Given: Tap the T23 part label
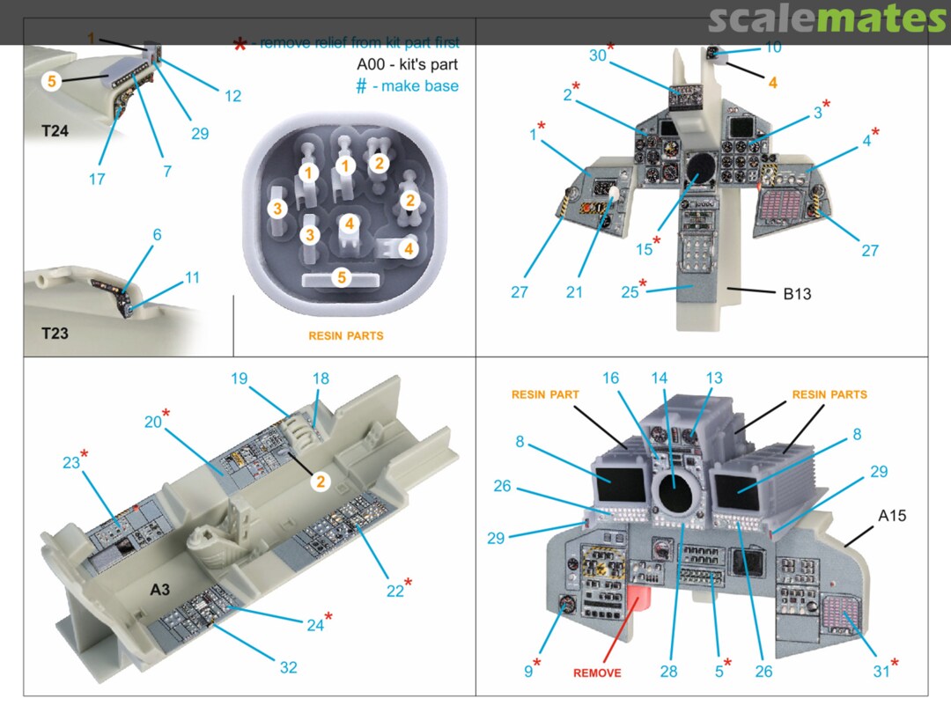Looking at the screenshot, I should (x=55, y=334).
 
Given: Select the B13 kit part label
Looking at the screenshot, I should (x=797, y=294).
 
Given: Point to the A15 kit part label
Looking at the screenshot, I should (x=891, y=516).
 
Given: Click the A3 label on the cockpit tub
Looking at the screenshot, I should (x=158, y=589).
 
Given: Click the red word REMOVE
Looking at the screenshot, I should (x=597, y=673).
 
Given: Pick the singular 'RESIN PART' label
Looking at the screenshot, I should (x=545, y=394).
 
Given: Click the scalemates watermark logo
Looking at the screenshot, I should (x=827, y=18).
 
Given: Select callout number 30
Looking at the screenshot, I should (x=599, y=55).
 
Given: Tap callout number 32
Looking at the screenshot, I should (x=289, y=667).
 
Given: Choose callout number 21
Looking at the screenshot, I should (x=574, y=292).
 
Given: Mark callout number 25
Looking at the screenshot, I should (x=630, y=292).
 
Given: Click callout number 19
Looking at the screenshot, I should (x=240, y=379).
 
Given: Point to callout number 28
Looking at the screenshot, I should (x=669, y=672).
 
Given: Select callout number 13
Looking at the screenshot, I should (x=713, y=379).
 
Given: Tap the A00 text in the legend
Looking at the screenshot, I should (x=373, y=64).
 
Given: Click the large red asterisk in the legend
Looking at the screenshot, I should (x=239, y=44).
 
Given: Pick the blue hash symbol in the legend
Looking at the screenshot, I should (x=361, y=86).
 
